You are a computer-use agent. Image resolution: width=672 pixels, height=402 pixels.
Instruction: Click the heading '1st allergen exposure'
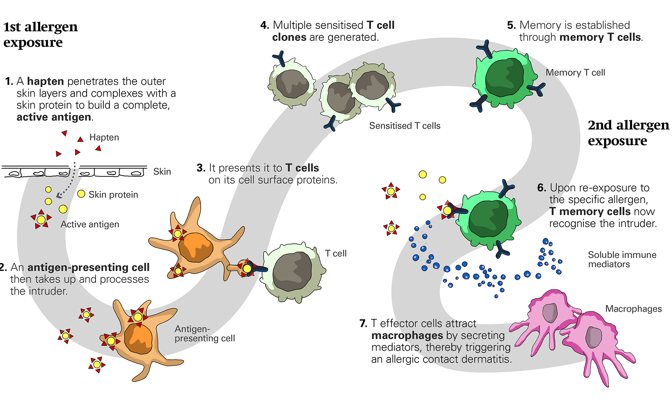40,34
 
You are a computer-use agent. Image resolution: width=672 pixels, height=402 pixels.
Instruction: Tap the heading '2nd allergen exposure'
628,133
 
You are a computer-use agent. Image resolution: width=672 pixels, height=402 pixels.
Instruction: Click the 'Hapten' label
104,137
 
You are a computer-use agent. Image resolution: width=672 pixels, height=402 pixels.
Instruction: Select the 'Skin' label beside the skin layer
162,172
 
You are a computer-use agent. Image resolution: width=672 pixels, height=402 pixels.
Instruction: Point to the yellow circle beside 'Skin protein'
81,194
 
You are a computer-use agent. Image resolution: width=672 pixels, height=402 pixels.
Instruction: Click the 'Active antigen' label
90,224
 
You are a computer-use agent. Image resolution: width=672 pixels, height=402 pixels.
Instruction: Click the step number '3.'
201,168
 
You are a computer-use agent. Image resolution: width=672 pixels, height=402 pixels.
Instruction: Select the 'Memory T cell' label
575,73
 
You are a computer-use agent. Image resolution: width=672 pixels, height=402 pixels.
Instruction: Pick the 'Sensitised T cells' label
404,126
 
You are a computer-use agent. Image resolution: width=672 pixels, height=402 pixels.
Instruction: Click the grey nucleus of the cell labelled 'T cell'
292,272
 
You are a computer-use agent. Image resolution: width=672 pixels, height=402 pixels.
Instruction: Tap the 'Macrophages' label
633,309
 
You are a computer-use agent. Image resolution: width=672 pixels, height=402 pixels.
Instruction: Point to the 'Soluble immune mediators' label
622,259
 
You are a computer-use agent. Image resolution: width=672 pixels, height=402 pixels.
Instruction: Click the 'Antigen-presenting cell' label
204,334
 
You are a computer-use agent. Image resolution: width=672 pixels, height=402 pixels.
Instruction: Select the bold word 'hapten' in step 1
45,81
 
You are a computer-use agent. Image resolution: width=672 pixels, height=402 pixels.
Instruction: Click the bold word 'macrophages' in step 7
407,335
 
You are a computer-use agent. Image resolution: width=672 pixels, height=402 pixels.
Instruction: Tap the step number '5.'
511,25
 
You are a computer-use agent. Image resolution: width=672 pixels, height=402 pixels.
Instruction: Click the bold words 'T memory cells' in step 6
590,211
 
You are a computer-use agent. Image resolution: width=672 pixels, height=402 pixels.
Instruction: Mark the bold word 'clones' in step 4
289,37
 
